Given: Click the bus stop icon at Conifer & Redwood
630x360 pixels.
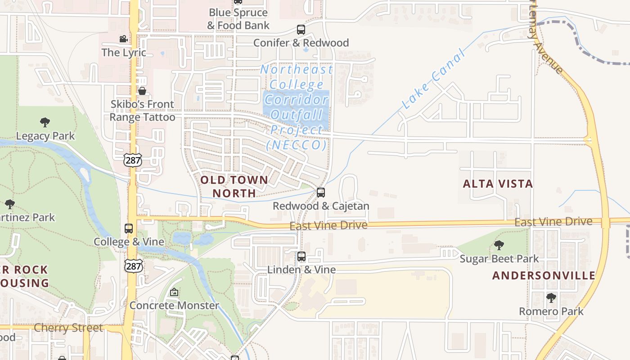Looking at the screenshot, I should (x=301, y=30).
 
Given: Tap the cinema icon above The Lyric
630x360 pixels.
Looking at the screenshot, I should (x=124, y=39).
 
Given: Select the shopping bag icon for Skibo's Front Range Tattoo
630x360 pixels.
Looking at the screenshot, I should (x=142, y=91).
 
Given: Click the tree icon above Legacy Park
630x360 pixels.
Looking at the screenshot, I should (x=45, y=122).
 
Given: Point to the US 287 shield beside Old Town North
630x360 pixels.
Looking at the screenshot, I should (x=133, y=159).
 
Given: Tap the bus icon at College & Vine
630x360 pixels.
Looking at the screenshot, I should (x=129, y=229).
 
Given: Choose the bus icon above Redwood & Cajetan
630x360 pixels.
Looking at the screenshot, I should (x=321, y=193).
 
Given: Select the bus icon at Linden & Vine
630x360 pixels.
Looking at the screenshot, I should (x=301, y=256).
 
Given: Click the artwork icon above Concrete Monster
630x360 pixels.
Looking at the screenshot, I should (x=174, y=292).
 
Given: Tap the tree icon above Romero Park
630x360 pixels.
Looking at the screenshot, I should (x=551, y=298).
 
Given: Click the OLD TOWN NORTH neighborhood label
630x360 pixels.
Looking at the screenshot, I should (x=234, y=186).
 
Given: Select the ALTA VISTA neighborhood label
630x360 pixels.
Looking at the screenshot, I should (x=498, y=184).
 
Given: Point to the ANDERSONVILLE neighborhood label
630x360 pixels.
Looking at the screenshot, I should (x=544, y=275).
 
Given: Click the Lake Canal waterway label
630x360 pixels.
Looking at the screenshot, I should (x=433, y=81).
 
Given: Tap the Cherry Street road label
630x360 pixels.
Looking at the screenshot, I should (x=68, y=328).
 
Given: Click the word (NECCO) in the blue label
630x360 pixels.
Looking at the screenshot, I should (x=296, y=145).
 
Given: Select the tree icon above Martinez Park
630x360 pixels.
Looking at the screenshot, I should (x=9, y=204).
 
